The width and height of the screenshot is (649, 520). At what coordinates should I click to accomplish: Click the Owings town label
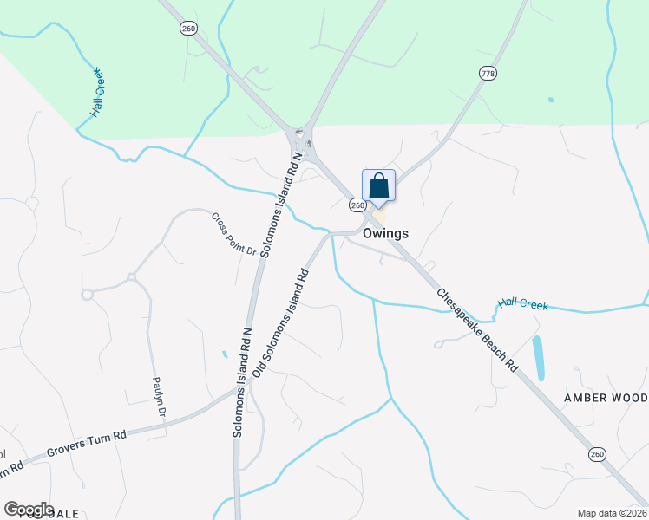tap(385, 233)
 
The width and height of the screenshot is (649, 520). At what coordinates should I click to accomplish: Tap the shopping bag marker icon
tap(378, 185)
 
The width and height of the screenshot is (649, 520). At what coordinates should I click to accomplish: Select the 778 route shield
tap(488, 74)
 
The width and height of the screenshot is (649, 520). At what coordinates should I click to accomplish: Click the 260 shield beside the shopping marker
tap(357, 205)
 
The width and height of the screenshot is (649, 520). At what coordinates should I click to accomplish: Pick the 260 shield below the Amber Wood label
tap(596, 453)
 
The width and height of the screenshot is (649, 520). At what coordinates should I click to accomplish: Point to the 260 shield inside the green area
tap(188, 29)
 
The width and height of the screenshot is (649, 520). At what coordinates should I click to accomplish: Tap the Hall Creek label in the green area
tap(96, 93)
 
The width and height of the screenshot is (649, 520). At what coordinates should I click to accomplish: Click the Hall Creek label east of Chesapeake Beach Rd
tap(523, 304)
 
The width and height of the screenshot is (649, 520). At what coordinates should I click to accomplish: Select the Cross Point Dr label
tap(234, 234)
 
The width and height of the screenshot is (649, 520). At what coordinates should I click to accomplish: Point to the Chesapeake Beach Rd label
tap(477, 330)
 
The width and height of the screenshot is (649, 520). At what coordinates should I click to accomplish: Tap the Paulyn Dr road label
tap(158, 397)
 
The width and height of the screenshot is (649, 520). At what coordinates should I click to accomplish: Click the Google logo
tap(29, 510)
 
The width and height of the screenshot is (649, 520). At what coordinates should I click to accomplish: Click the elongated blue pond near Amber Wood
tap(539, 358)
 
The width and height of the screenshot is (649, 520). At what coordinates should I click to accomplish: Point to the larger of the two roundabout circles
tap(87, 295)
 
